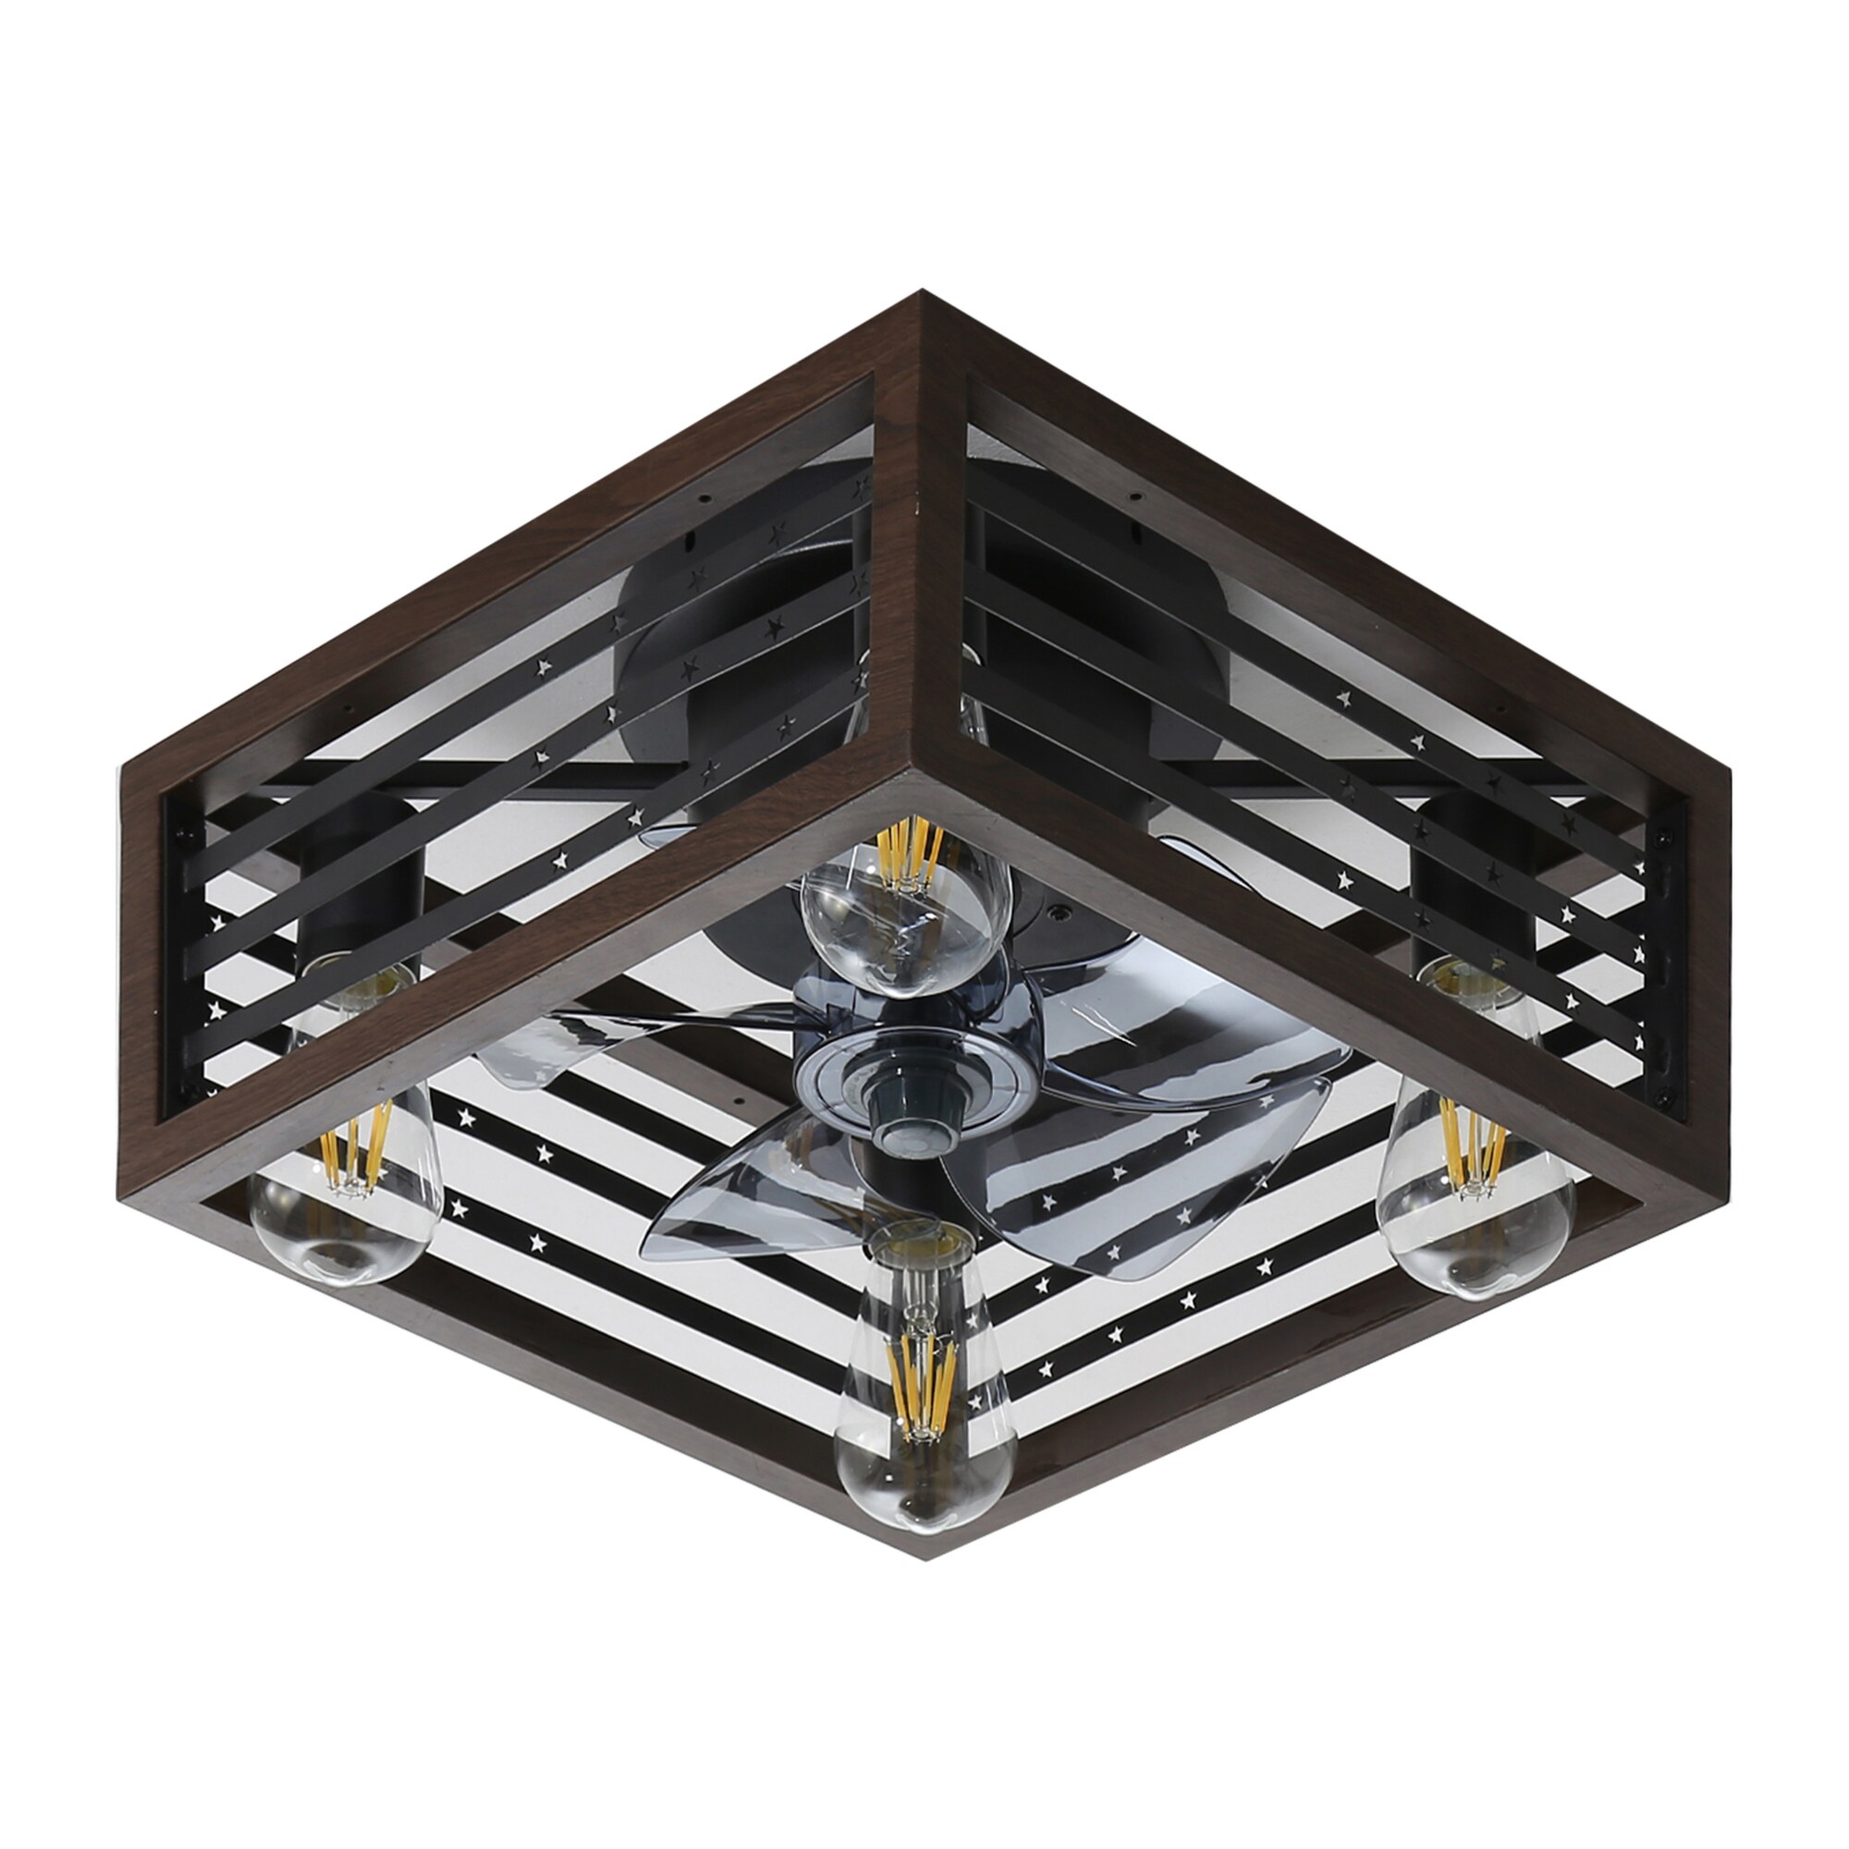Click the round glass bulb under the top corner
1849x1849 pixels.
pos(904,919)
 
